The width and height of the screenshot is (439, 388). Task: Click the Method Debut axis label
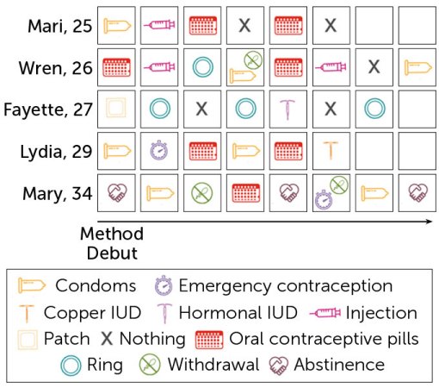click(111, 242)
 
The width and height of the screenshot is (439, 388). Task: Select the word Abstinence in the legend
click(340, 364)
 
